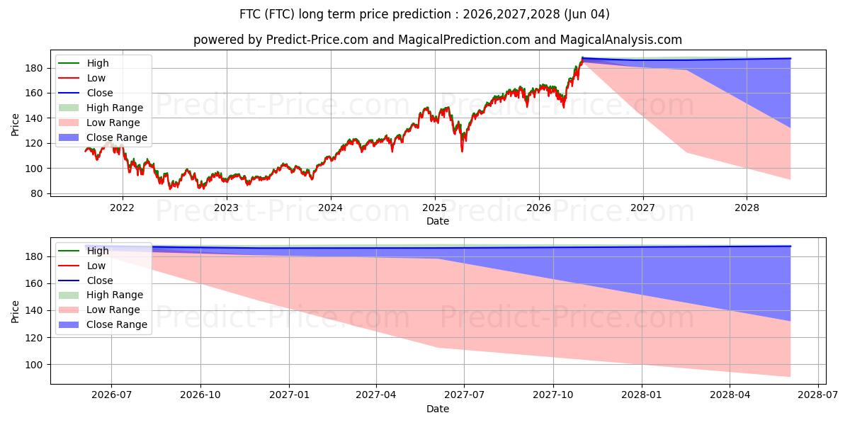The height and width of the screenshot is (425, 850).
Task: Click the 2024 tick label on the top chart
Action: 331,208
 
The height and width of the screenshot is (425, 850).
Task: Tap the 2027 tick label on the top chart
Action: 643,208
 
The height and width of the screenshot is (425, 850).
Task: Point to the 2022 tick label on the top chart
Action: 122,208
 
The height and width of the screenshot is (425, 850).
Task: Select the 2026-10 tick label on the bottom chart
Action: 200,395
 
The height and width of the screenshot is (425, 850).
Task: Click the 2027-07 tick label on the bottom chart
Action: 464,395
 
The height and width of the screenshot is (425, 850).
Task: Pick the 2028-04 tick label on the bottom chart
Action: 730,395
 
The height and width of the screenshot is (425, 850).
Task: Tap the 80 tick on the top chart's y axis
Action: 37,193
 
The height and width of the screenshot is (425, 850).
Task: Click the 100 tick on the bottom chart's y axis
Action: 34,365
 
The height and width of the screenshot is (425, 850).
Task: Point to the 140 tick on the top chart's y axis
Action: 34,118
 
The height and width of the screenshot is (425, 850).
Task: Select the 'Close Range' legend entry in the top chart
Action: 103,137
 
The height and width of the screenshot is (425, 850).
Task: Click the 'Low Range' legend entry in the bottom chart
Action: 99,310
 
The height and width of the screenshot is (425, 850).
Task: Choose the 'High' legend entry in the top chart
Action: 84,63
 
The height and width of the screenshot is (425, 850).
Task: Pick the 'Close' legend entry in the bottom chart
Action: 86,280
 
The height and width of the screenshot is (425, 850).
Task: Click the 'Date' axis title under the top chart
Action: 438,221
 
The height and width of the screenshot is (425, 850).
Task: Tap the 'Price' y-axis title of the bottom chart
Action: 15,312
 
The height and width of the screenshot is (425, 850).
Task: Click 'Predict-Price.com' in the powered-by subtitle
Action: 317,40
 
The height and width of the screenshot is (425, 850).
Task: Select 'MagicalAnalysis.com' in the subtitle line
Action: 620,40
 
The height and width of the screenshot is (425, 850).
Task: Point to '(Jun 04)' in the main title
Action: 586,14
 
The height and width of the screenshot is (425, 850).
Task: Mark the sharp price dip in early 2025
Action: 462,151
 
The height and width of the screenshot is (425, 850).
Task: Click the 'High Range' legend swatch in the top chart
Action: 69,108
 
